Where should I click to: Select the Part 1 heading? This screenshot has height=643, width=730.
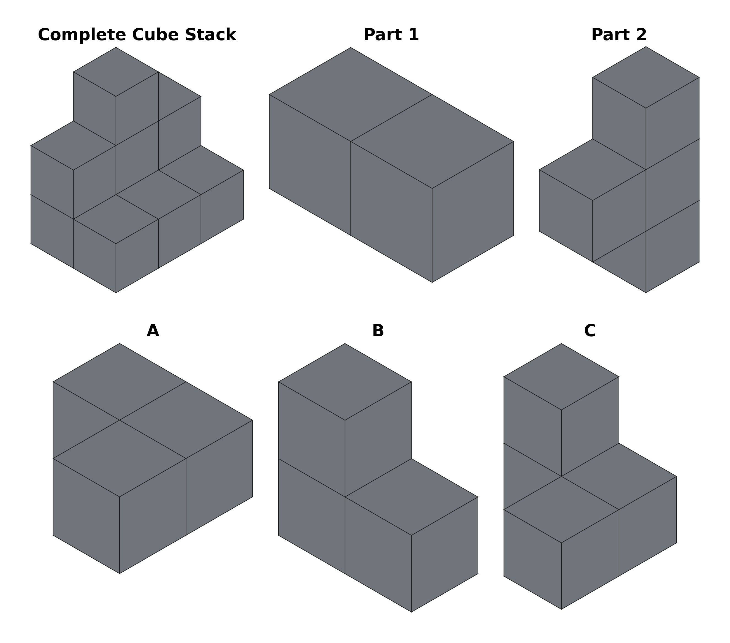pyautogui.click(x=391, y=35)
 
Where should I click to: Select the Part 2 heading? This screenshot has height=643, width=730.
pyautogui.click(x=619, y=35)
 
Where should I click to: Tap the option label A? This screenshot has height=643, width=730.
pyautogui.click(x=153, y=331)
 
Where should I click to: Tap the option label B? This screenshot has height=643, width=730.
pyautogui.click(x=378, y=331)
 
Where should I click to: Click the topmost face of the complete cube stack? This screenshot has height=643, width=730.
pyautogui.click(x=116, y=72)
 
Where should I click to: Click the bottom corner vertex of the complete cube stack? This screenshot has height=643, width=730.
pyautogui.click(x=116, y=293)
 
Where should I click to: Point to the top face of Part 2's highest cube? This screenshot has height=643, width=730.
pyautogui.click(x=646, y=77)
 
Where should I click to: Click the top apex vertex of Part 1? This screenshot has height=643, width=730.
pyautogui.click(x=351, y=47)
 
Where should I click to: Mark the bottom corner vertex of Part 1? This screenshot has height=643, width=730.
pyautogui.click(x=432, y=283)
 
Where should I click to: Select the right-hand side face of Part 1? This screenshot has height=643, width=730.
pyautogui.click(x=473, y=212)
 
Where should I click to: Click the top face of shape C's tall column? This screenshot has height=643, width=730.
pyautogui.click(x=561, y=377)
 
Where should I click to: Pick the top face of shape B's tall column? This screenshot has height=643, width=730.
pyautogui.click(x=345, y=382)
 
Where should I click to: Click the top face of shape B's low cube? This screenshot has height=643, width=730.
pyautogui.click(x=412, y=497)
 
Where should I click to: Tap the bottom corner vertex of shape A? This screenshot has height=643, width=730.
pyautogui.click(x=120, y=573)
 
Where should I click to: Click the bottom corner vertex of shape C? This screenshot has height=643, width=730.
pyautogui.click(x=561, y=609)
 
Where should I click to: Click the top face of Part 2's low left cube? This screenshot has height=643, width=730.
pyautogui.click(x=593, y=170)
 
